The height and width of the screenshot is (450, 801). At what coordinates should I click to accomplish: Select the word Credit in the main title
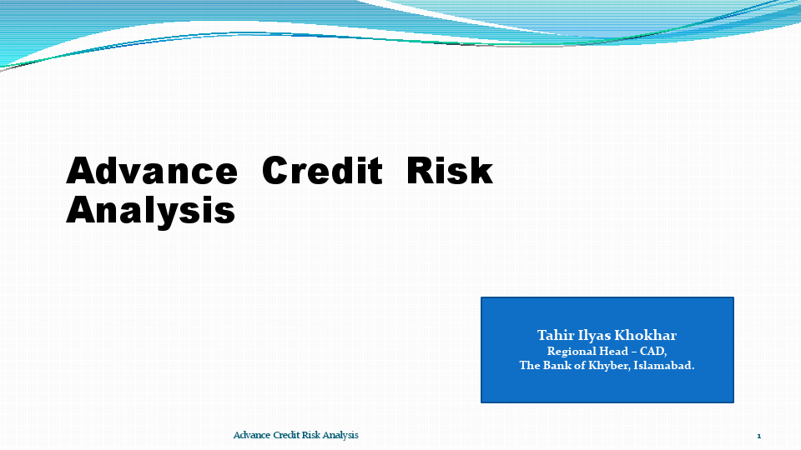point(322,171)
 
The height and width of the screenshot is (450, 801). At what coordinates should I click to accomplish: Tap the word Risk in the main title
point(449,171)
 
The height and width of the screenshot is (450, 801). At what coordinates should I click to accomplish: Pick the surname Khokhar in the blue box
point(646,336)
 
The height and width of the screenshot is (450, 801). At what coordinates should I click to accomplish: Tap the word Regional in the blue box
point(575,352)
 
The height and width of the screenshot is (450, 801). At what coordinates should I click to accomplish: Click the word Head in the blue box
point(618,352)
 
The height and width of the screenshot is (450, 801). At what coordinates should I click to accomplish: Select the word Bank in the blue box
point(558,366)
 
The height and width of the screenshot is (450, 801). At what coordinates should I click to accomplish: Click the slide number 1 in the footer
point(759,436)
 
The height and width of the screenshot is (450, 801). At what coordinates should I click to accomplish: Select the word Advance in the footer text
point(251,436)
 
